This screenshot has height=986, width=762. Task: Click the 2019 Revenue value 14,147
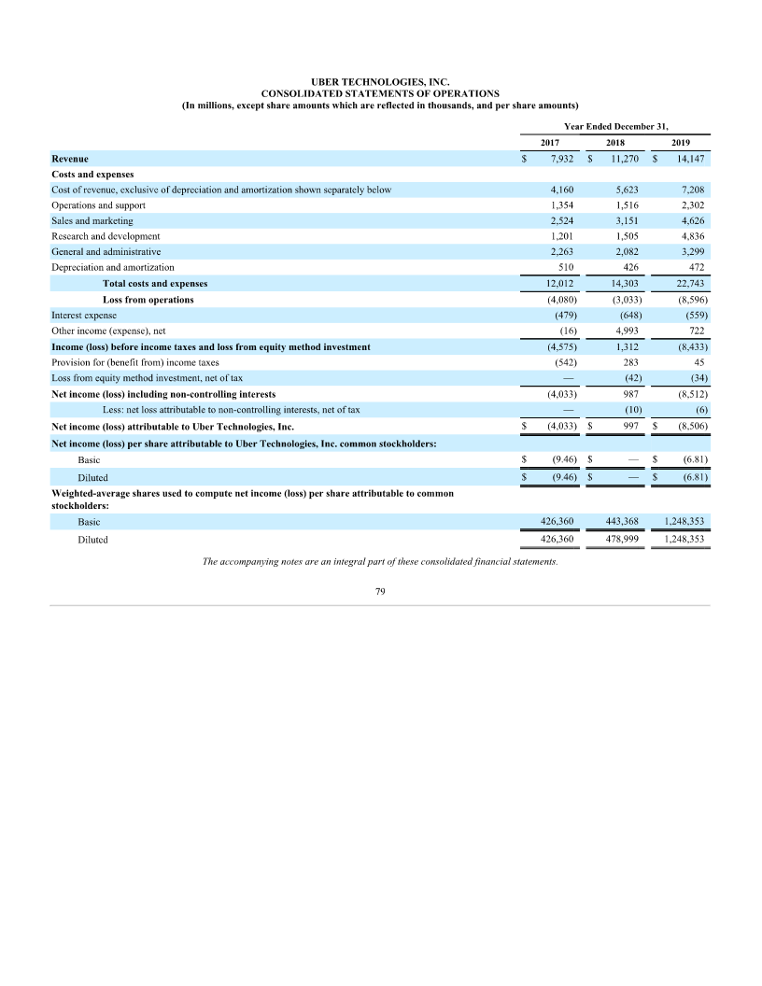(689, 159)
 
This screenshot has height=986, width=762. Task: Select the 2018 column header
(615, 143)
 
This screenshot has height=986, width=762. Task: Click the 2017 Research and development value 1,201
(561, 236)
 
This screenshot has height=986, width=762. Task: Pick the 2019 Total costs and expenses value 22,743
(689, 283)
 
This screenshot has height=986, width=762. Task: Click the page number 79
(380, 592)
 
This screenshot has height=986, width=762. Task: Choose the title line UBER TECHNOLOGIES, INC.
(380, 82)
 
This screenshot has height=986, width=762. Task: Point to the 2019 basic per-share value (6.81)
(692, 459)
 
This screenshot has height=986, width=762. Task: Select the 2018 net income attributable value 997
(628, 427)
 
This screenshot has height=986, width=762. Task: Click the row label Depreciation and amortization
(113, 267)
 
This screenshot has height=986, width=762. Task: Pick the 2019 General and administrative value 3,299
(689, 252)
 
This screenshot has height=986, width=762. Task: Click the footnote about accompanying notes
(380, 561)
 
